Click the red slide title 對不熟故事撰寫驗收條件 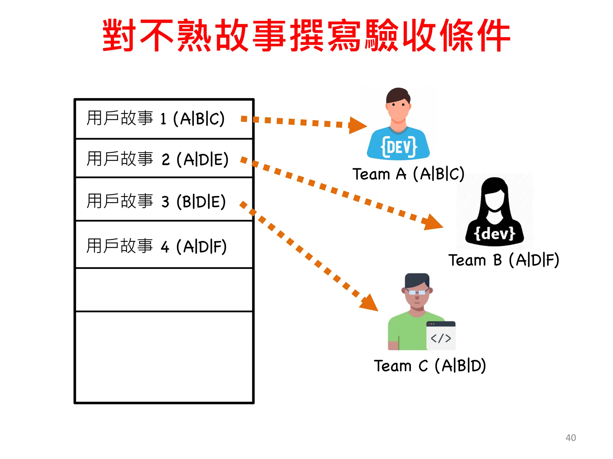coord(306,35)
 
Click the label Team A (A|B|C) coord(408,174)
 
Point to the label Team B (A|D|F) coord(504,260)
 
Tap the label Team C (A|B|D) coord(430,365)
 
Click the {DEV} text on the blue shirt coord(399,147)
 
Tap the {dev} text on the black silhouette coord(494,233)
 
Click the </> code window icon coord(441,336)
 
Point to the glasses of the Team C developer coord(417,292)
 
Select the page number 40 coord(570,437)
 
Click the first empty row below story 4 coord(164,290)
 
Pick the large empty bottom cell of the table coord(164,357)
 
